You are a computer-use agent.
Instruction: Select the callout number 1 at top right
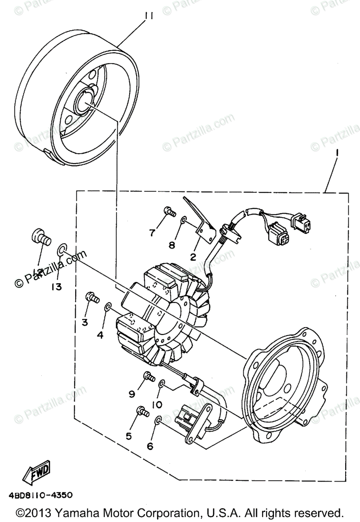pos(336,153)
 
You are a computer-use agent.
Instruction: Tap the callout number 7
pos(152,233)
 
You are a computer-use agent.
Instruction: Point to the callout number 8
pos(172,245)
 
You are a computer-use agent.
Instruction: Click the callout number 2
pos(193,258)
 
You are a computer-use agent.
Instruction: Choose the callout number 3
pos(85,322)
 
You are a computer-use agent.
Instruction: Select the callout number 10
pos(157,405)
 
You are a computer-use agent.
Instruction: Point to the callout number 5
pos(129,436)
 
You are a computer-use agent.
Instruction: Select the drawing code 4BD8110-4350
pos(40,495)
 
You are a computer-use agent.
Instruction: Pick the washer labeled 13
pos(62,250)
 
